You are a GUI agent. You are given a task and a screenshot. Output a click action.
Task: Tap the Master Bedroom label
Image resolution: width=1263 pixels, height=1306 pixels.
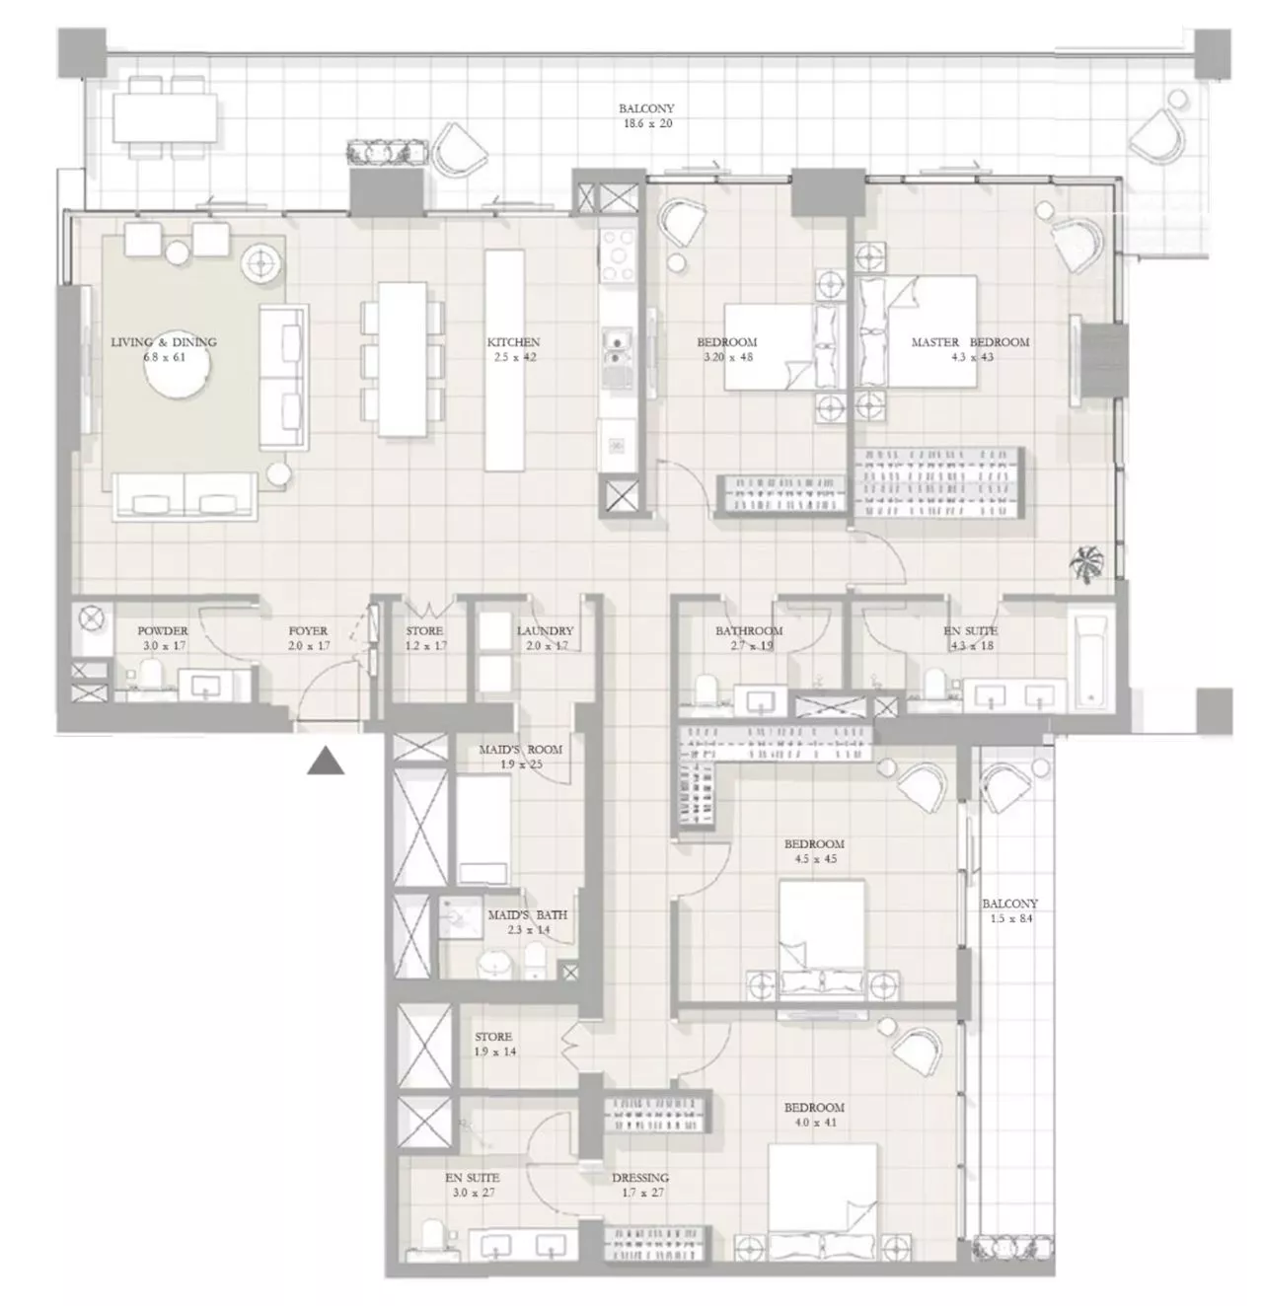[969, 342]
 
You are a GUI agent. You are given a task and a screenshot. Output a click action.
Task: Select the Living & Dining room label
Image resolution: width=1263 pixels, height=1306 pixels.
[163, 342]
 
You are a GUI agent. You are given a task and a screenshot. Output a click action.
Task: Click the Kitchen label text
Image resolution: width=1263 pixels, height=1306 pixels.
[513, 342]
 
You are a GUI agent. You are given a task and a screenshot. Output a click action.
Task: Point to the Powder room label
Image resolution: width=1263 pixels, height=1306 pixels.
[163, 631]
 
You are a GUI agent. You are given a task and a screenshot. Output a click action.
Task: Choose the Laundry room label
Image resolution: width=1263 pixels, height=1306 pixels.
[545, 631]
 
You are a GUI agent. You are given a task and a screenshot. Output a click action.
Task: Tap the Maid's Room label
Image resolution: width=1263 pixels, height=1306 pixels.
[520, 750]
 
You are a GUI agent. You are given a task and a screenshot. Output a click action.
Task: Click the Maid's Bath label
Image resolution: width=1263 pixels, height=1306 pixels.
[527, 915]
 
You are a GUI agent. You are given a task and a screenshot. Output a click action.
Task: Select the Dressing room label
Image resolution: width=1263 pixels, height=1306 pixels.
[640, 1178]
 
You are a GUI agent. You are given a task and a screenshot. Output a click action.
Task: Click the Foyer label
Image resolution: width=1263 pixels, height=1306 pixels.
[308, 631]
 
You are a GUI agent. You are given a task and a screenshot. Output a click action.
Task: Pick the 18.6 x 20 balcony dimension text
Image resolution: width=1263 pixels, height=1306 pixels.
[646, 123]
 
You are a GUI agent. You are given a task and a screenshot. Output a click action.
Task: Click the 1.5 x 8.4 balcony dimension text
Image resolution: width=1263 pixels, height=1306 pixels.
[1009, 918]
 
